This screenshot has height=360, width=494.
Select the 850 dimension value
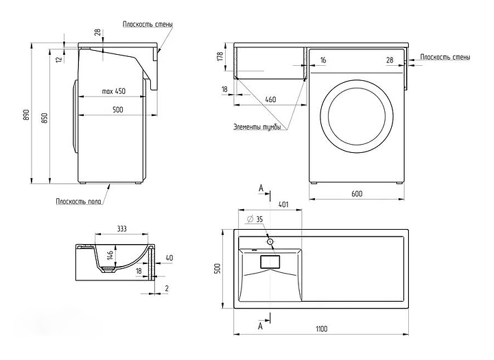pyautogui.click(x=45, y=118)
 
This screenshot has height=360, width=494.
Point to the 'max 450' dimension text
pyautogui.click(x=113, y=91)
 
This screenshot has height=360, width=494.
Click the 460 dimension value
pyautogui.click(x=270, y=100)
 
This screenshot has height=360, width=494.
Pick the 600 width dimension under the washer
pyautogui.click(x=357, y=194)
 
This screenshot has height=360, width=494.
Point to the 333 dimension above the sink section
pyautogui.click(x=121, y=228)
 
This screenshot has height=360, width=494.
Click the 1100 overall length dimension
pyautogui.click(x=321, y=329)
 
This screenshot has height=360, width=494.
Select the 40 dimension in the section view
pyautogui.click(x=169, y=259)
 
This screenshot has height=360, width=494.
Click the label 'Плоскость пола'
pyautogui.click(x=80, y=201)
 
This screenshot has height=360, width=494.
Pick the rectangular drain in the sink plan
pyautogui.click(x=272, y=261)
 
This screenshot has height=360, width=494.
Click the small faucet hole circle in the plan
pyautogui.click(x=270, y=241)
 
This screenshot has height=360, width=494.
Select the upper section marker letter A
pyautogui.click(x=261, y=187)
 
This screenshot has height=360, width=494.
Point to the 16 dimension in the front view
pyautogui.click(x=323, y=60)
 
